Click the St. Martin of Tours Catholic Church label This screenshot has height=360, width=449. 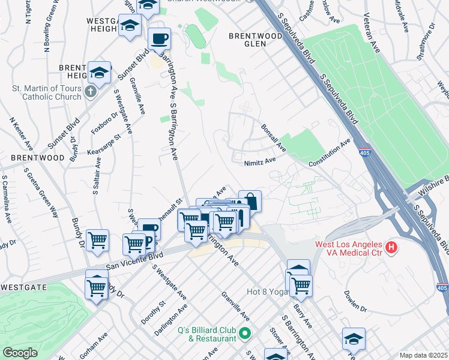47,92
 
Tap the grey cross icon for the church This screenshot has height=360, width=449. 90,92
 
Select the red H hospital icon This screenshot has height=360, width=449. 391,247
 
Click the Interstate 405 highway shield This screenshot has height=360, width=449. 364,153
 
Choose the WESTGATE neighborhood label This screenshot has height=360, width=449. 23,287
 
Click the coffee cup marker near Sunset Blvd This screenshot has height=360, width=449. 159,39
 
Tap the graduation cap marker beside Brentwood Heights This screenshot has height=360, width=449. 99,73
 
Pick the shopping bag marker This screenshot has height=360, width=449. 250,202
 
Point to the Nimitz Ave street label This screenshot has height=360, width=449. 260,161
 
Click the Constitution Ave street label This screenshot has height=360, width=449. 329,154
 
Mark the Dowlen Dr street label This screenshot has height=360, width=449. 355,301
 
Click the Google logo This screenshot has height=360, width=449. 20,353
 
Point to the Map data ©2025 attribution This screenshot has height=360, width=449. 423,355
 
